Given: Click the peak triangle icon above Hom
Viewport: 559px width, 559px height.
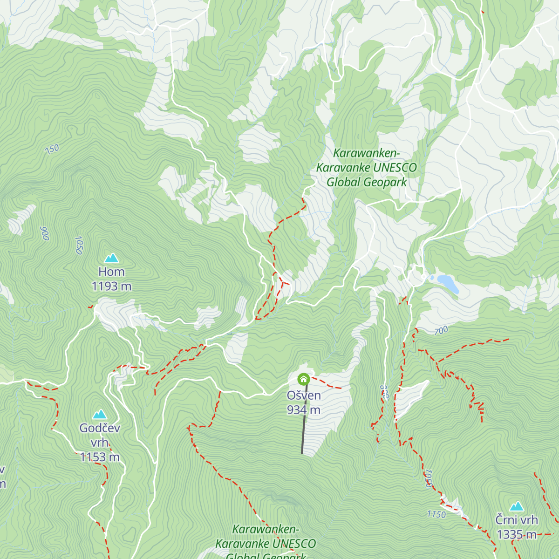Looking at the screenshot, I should click(x=111, y=258).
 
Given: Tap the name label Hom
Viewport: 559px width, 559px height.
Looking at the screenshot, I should click(x=111, y=272).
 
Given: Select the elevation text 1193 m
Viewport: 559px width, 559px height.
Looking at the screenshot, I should click(x=111, y=286).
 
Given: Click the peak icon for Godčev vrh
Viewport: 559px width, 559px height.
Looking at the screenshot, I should click(x=99, y=415).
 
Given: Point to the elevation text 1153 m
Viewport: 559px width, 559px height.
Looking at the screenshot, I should click(x=100, y=457).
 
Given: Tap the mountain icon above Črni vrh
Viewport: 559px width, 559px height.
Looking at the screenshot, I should click(x=516, y=506).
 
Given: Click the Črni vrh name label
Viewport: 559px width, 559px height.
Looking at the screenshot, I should click(x=516, y=520).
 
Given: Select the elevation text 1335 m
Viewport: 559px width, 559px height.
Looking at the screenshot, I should click(x=516, y=534).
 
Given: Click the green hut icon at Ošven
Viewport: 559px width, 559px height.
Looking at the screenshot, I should click(x=304, y=379).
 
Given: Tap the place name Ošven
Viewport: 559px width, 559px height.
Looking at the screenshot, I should click(x=304, y=395).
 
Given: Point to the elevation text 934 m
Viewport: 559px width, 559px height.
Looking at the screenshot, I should click(x=304, y=410).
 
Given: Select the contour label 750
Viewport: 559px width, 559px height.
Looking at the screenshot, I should click(x=52, y=150).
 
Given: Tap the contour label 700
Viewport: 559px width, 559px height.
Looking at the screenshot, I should click(x=441, y=331).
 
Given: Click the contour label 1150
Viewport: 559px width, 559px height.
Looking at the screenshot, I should click(x=436, y=514).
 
